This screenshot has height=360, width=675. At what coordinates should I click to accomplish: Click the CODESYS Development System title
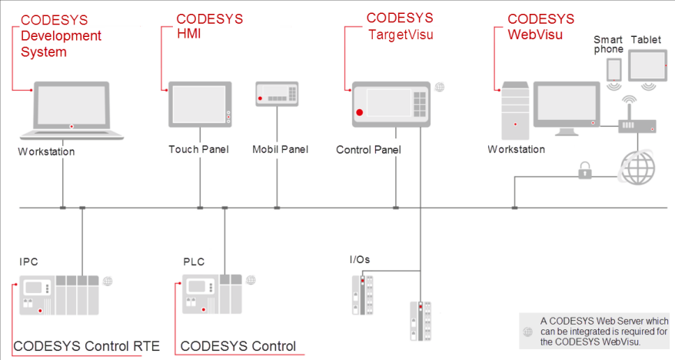61,36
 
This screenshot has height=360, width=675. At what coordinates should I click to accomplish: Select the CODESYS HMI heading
210,27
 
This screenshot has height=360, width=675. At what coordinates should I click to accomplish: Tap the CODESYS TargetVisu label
400,25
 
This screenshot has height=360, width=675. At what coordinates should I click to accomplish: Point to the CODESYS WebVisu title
541,26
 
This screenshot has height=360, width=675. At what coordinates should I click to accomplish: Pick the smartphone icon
613,69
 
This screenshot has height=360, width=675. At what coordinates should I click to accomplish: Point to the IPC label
28,262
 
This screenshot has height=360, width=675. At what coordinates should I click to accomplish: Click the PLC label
194,262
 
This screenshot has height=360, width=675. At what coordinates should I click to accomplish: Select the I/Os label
359,259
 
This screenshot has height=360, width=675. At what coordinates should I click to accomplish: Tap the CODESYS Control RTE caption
86,346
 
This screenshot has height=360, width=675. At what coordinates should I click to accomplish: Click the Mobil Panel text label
280,149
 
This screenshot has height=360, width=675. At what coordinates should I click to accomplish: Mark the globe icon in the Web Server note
527,332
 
